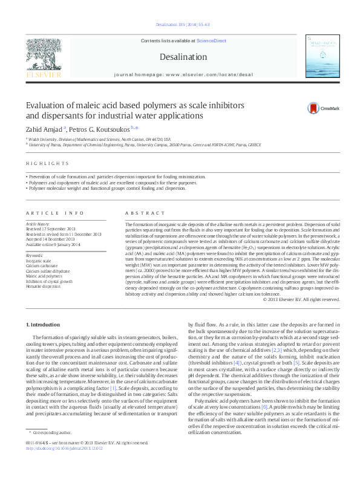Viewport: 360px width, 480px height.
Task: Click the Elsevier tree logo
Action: (x=43, y=58)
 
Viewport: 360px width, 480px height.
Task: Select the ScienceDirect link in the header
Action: (x=211, y=41)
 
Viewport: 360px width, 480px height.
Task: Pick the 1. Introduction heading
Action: (x=45, y=325)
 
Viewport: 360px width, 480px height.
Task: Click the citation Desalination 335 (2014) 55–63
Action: (x=179, y=25)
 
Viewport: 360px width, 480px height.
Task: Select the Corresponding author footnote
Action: (x=53, y=450)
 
